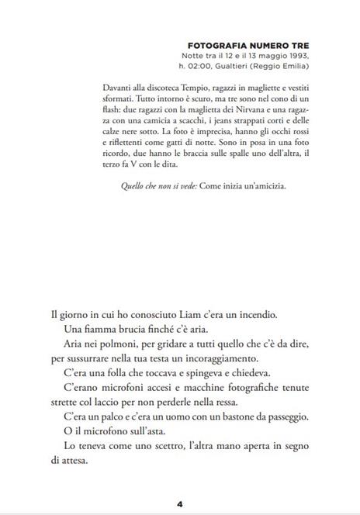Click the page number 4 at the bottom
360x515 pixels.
tap(179, 503)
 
